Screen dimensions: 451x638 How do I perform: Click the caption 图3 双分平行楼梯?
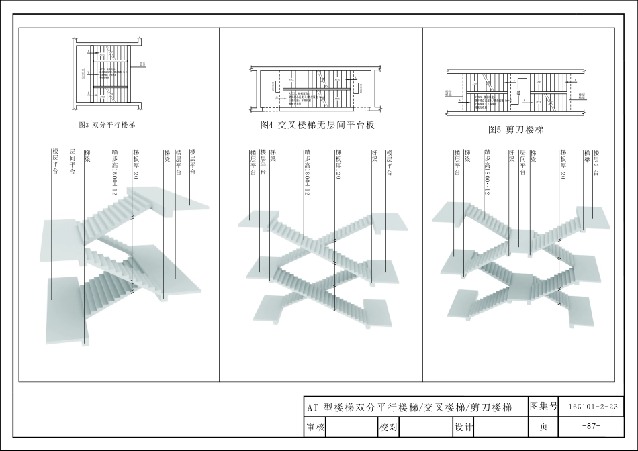pyautogui.click(x=107, y=126)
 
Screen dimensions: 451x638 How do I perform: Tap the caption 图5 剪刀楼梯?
pyautogui.click(x=516, y=130)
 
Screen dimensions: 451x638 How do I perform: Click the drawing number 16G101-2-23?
pyautogui.click(x=592, y=407)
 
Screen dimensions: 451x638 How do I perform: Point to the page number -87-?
pyautogui.click(x=592, y=427)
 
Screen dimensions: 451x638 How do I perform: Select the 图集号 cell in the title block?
pyautogui.click(x=544, y=406)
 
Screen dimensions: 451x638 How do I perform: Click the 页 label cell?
pyautogui.click(x=544, y=427)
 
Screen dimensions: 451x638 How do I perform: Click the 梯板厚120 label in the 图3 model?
pyautogui.click(x=135, y=164)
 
